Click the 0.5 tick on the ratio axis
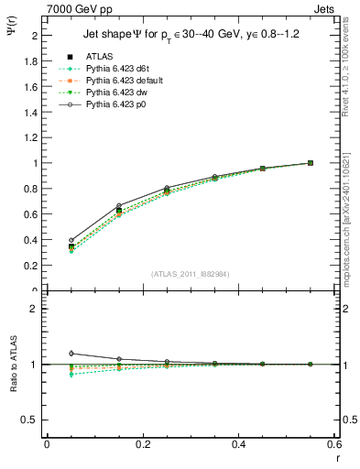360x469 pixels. [31, 420]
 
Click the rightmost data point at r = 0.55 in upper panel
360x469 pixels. [311, 163]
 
